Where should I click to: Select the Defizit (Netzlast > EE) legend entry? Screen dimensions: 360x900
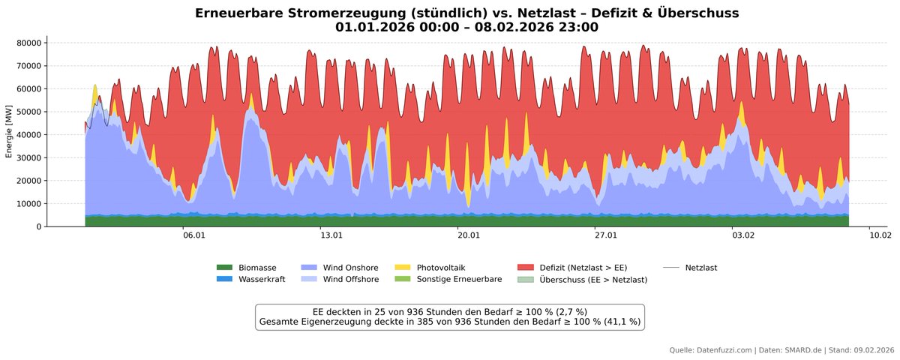(583, 268)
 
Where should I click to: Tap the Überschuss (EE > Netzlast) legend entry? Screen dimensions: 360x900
(592, 280)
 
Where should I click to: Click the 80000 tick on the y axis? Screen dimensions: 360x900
(28, 43)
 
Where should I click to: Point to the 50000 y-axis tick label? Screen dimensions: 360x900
(28, 112)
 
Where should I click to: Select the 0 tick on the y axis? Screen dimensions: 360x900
(38, 226)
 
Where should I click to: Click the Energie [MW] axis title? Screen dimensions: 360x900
(8, 131)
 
